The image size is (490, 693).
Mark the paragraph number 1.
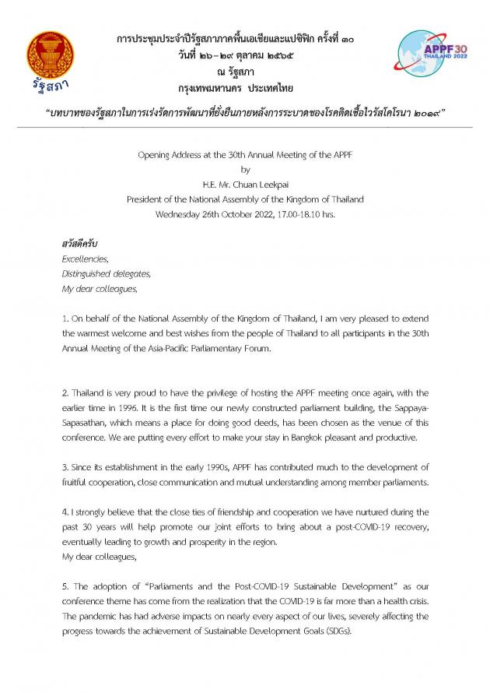click(65, 318)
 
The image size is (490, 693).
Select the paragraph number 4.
click(65, 512)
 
